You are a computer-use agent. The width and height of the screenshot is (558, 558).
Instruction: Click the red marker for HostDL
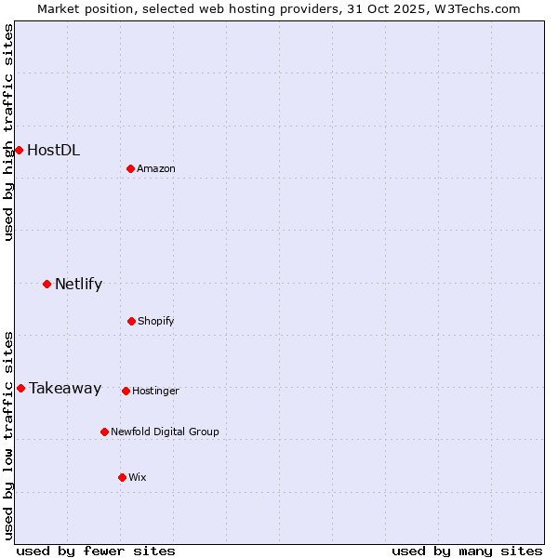(x=19, y=150)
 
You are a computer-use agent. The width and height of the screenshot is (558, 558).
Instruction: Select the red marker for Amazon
(x=130, y=168)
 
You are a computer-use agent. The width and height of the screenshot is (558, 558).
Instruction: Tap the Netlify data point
(x=46, y=284)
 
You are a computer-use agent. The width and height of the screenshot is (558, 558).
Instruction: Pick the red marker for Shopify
(x=131, y=321)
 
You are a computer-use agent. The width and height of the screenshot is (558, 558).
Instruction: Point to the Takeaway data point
(x=20, y=388)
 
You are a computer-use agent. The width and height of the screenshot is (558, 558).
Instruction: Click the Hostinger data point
(x=126, y=391)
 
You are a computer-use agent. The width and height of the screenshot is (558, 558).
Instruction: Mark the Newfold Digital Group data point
(x=104, y=432)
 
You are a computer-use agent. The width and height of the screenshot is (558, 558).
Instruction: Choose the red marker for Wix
(x=122, y=477)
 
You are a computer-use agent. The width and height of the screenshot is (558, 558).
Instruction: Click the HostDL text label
(x=53, y=150)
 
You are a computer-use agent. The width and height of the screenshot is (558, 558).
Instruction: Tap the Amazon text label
(x=156, y=168)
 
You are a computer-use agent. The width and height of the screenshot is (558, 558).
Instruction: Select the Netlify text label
(x=78, y=284)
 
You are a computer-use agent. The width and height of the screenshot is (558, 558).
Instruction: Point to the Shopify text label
(x=156, y=321)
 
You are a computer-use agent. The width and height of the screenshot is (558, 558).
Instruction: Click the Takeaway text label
(x=65, y=388)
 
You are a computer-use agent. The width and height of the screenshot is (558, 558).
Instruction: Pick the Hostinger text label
(x=155, y=391)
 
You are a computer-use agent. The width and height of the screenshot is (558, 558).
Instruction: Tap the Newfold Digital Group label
(x=165, y=432)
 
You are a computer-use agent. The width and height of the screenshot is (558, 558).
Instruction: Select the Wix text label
(x=138, y=477)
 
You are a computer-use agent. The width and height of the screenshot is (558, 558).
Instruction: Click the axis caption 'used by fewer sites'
(x=96, y=551)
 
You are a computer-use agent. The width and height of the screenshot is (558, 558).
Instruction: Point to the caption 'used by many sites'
(x=467, y=551)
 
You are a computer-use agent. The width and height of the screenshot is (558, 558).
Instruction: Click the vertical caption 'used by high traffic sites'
(x=8, y=132)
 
